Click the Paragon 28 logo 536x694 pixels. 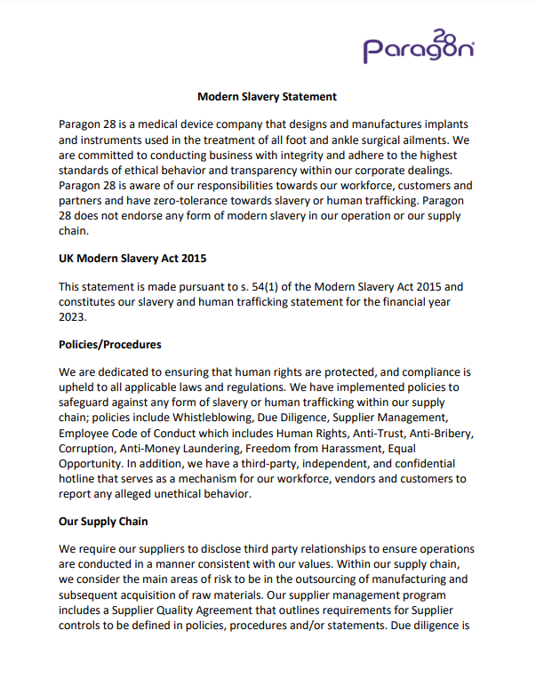coord(417,46)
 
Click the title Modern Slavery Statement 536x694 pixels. coord(267,96)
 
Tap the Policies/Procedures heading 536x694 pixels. coord(110,344)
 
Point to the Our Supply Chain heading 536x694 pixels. coord(103,521)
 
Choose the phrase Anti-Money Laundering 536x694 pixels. coord(185,448)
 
